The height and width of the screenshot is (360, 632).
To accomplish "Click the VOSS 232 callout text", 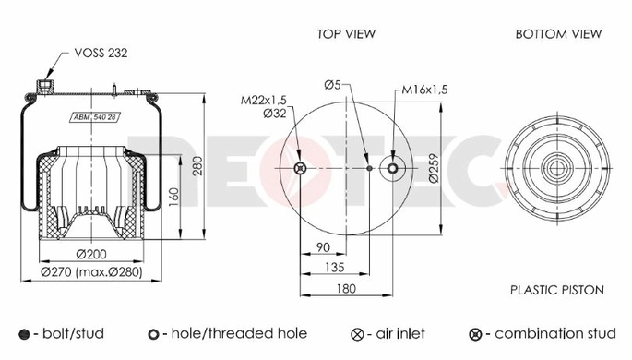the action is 101,53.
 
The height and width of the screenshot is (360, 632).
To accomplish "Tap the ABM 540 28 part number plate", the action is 96,117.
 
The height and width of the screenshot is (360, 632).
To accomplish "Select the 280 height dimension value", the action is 197,165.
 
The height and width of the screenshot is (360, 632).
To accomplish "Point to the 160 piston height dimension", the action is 173,198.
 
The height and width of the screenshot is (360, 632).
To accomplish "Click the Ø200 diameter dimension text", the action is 91,255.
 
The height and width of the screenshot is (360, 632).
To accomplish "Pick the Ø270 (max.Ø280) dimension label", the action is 91,272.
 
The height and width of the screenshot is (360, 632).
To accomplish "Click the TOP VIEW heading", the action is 346,34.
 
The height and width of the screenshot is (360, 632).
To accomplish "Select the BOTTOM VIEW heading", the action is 558,34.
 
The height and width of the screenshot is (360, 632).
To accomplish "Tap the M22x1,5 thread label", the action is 264,100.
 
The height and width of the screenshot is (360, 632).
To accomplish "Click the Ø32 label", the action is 275,114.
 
